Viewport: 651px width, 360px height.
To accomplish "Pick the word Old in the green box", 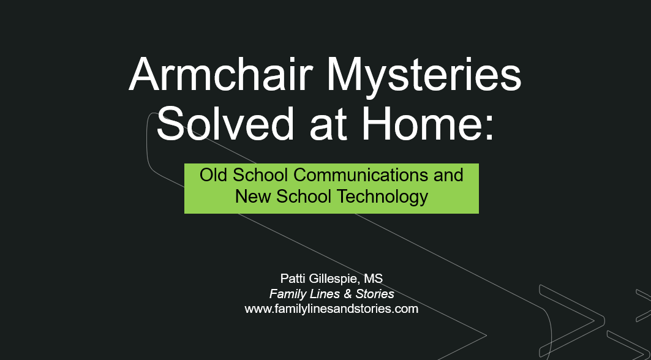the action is point(213,175).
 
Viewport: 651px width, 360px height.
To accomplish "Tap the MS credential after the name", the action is point(374,278).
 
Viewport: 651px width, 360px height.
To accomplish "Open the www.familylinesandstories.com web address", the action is point(331,309).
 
